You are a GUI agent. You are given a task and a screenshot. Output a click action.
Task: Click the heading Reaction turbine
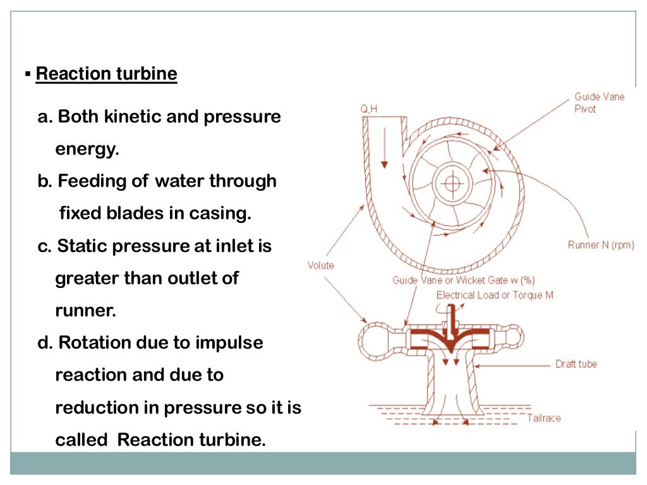(106, 74)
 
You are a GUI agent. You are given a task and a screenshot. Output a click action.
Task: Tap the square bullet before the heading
(28, 75)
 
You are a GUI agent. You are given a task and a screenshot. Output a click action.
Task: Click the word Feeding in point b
(85, 181)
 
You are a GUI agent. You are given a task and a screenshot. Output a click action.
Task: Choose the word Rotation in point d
(94, 343)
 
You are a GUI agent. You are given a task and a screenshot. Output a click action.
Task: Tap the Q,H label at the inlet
(370, 109)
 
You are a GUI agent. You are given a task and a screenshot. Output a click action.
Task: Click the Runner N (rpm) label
(600, 245)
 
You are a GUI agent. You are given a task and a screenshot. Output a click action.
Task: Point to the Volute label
(321, 265)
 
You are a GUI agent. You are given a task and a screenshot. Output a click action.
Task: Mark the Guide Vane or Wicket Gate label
(463, 280)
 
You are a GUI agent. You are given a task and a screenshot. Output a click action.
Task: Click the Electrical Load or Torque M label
(495, 295)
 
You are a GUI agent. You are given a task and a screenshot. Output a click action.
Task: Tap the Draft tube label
(576, 364)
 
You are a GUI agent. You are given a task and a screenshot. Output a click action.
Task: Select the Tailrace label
(543, 417)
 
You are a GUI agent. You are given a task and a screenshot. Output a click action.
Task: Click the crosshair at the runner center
(451, 183)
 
